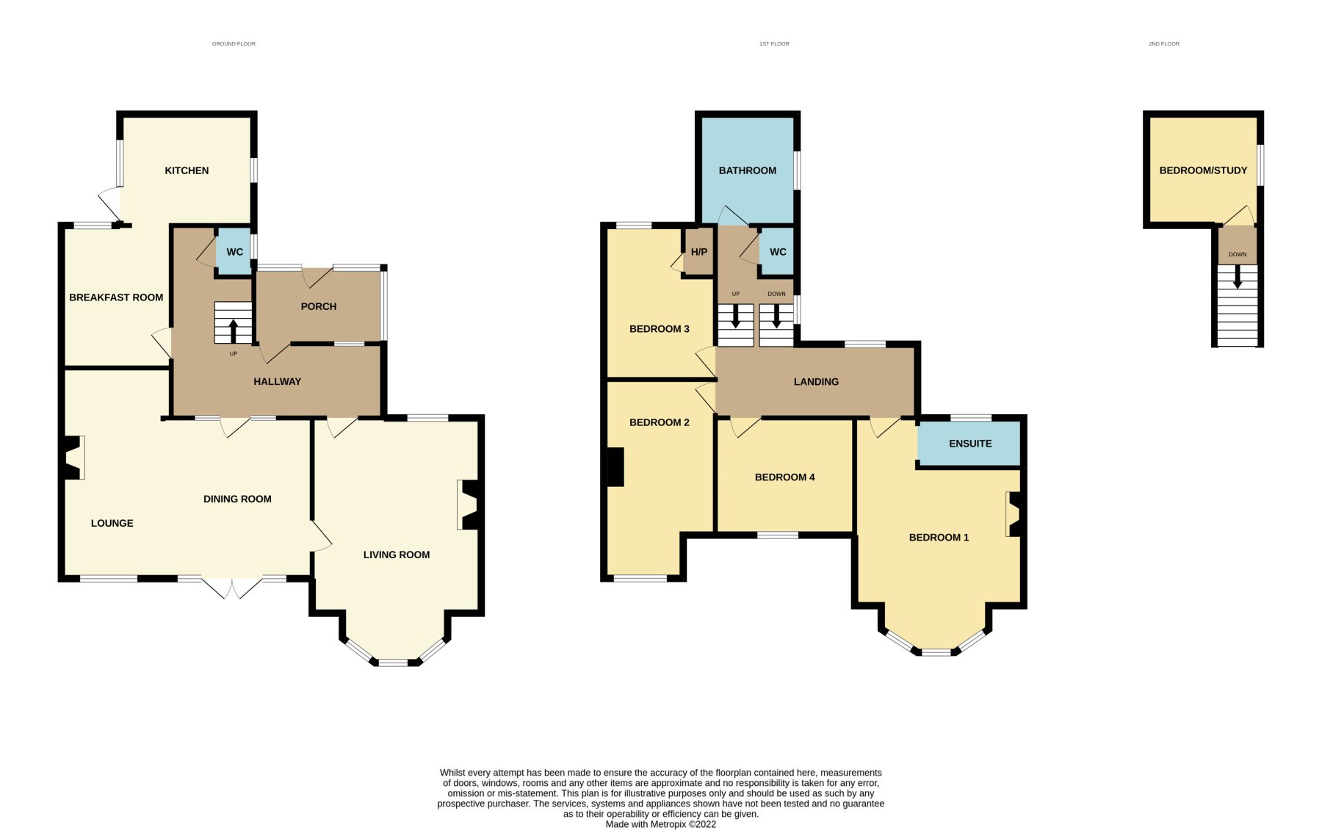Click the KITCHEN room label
[x=187, y=170]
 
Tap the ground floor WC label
[x=235, y=252]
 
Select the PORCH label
[x=319, y=306]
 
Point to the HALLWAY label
[x=277, y=381]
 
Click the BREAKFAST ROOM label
[x=116, y=297]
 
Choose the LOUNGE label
[x=112, y=523]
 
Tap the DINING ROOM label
[x=237, y=499]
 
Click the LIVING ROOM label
[x=397, y=555]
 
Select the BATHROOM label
[x=747, y=170]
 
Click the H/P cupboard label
[x=699, y=252]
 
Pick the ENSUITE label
[x=970, y=444]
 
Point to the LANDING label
[x=816, y=382]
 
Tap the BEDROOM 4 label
[x=784, y=477]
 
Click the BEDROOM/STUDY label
[x=1203, y=170]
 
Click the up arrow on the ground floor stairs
[x=234, y=331]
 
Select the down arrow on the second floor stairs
[x=1238, y=277]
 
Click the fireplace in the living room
[x=470, y=505]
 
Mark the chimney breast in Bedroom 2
[x=615, y=467]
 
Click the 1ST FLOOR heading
[x=774, y=44]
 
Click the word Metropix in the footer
[x=668, y=824]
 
